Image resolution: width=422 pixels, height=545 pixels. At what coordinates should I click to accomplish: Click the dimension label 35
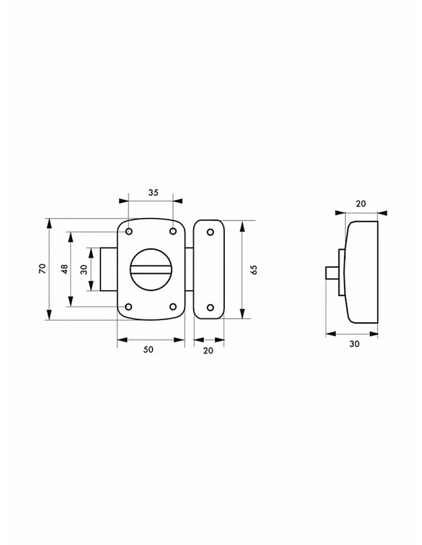(x=153, y=193)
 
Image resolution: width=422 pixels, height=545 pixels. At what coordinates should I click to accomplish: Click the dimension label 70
(x=43, y=269)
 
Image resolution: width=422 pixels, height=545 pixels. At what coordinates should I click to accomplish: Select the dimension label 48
(x=64, y=269)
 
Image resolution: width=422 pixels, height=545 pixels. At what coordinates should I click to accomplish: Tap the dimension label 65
(x=254, y=270)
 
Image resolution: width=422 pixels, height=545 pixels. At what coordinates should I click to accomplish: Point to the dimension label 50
(x=148, y=350)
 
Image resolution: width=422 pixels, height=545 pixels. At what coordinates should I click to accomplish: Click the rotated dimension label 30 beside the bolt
(x=84, y=270)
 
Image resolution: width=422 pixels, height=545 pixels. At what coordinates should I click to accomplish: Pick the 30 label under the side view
(x=354, y=344)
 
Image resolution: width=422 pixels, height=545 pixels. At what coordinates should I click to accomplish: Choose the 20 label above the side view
(x=361, y=204)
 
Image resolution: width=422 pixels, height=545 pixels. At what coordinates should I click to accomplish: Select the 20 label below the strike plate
(x=208, y=351)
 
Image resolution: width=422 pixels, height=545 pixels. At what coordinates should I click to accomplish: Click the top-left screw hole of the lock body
(x=129, y=231)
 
